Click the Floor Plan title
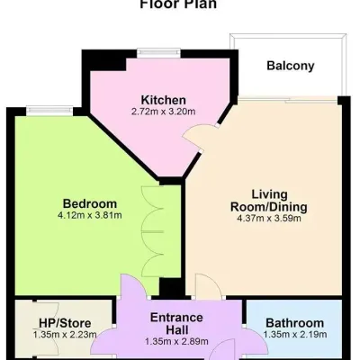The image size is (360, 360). click(x=178, y=4)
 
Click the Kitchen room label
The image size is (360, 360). click(x=164, y=99)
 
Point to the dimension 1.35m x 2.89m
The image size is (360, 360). click(x=176, y=342)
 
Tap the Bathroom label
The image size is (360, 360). click(x=294, y=323)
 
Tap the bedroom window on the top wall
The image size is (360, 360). click(x=40, y=111)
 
